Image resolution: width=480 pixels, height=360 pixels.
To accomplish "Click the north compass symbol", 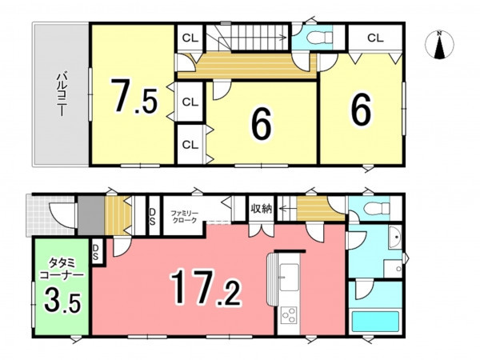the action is click(x=439, y=44).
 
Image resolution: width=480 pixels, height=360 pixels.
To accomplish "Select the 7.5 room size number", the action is click(x=134, y=96).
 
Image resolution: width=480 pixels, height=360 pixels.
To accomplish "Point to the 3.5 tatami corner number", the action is click(x=62, y=302).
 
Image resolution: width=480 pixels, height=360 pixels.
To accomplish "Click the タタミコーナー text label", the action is click(x=62, y=269).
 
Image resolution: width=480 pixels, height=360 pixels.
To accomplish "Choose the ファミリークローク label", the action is click(x=184, y=217).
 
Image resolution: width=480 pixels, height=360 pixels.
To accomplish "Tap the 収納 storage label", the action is click(x=262, y=209).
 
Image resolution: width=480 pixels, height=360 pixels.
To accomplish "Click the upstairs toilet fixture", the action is click(x=319, y=38).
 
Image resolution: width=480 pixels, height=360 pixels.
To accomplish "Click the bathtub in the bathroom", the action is click(x=376, y=322).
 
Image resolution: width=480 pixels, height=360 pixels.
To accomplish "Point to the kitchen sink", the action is click(x=289, y=278).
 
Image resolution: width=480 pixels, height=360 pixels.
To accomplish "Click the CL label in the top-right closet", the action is click(x=375, y=38).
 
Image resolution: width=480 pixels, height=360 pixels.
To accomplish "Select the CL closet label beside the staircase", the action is click(x=190, y=38).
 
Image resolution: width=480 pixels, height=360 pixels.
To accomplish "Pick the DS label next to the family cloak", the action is click(x=152, y=217).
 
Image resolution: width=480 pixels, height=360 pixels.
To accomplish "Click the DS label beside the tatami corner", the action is click(x=95, y=252).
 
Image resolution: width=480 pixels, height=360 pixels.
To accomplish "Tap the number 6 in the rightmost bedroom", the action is click(x=362, y=110).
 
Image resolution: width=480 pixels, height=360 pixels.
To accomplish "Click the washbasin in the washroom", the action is click(x=395, y=238).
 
